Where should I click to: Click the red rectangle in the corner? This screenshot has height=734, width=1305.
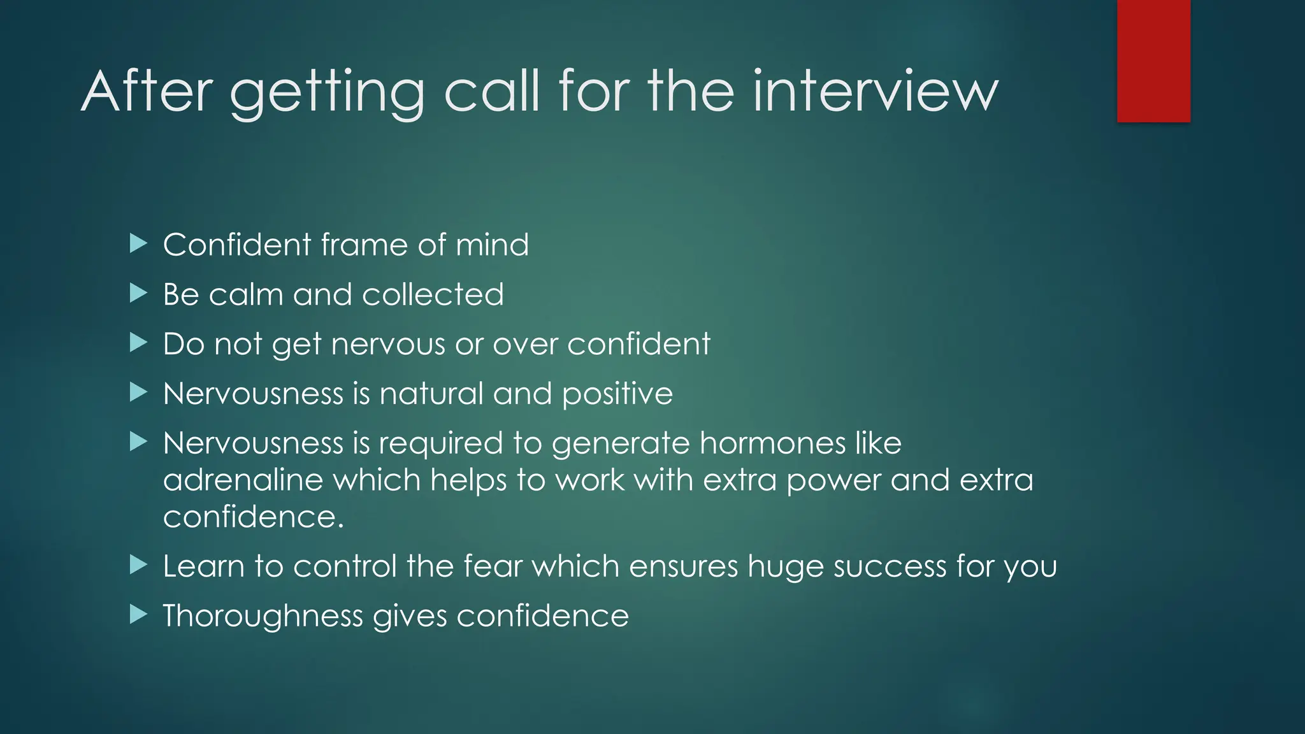click(1153, 61)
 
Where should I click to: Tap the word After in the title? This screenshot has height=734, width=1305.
click(147, 92)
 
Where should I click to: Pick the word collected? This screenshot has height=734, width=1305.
click(433, 294)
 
